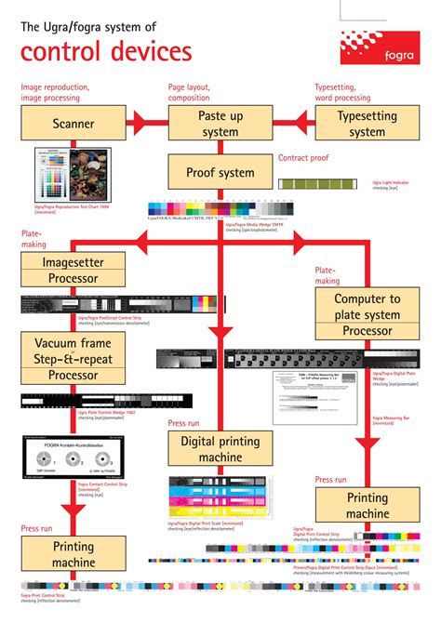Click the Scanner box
coord(73,124)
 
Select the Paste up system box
coord(220,124)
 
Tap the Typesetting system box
coord(366,124)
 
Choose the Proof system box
coord(220,172)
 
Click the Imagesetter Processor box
coord(73,271)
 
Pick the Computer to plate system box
coord(367,314)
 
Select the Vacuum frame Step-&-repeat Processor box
coord(73,357)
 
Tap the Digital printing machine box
coord(220,449)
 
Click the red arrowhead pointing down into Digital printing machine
coord(220,331)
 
